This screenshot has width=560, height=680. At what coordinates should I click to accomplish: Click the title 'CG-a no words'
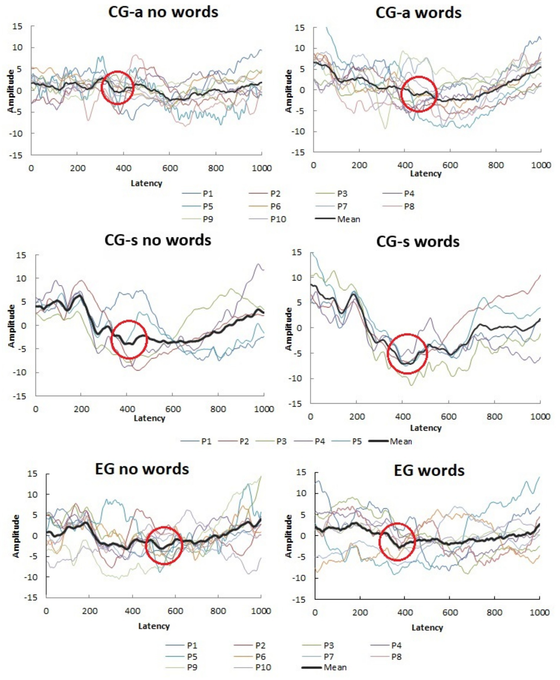(163, 12)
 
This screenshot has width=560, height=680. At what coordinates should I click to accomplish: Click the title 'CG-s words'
(418, 242)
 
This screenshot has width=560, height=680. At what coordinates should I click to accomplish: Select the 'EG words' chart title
(429, 470)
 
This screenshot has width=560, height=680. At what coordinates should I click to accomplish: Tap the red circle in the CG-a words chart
(419, 94)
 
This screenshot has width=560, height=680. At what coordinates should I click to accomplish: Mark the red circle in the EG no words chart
(164, 546)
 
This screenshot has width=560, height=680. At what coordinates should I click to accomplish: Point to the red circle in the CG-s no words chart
(129, 339)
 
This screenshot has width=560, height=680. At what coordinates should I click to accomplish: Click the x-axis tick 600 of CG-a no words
(170, 168)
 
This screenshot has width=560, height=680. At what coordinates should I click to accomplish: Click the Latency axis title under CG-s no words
(150, 418)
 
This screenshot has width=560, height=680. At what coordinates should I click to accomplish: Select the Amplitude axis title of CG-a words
(289, 91)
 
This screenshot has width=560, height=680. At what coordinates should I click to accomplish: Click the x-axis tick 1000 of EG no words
(261, 611)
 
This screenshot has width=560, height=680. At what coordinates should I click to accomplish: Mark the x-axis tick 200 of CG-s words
(356, 417)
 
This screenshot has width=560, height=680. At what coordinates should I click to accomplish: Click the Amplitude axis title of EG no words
(16, 536)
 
